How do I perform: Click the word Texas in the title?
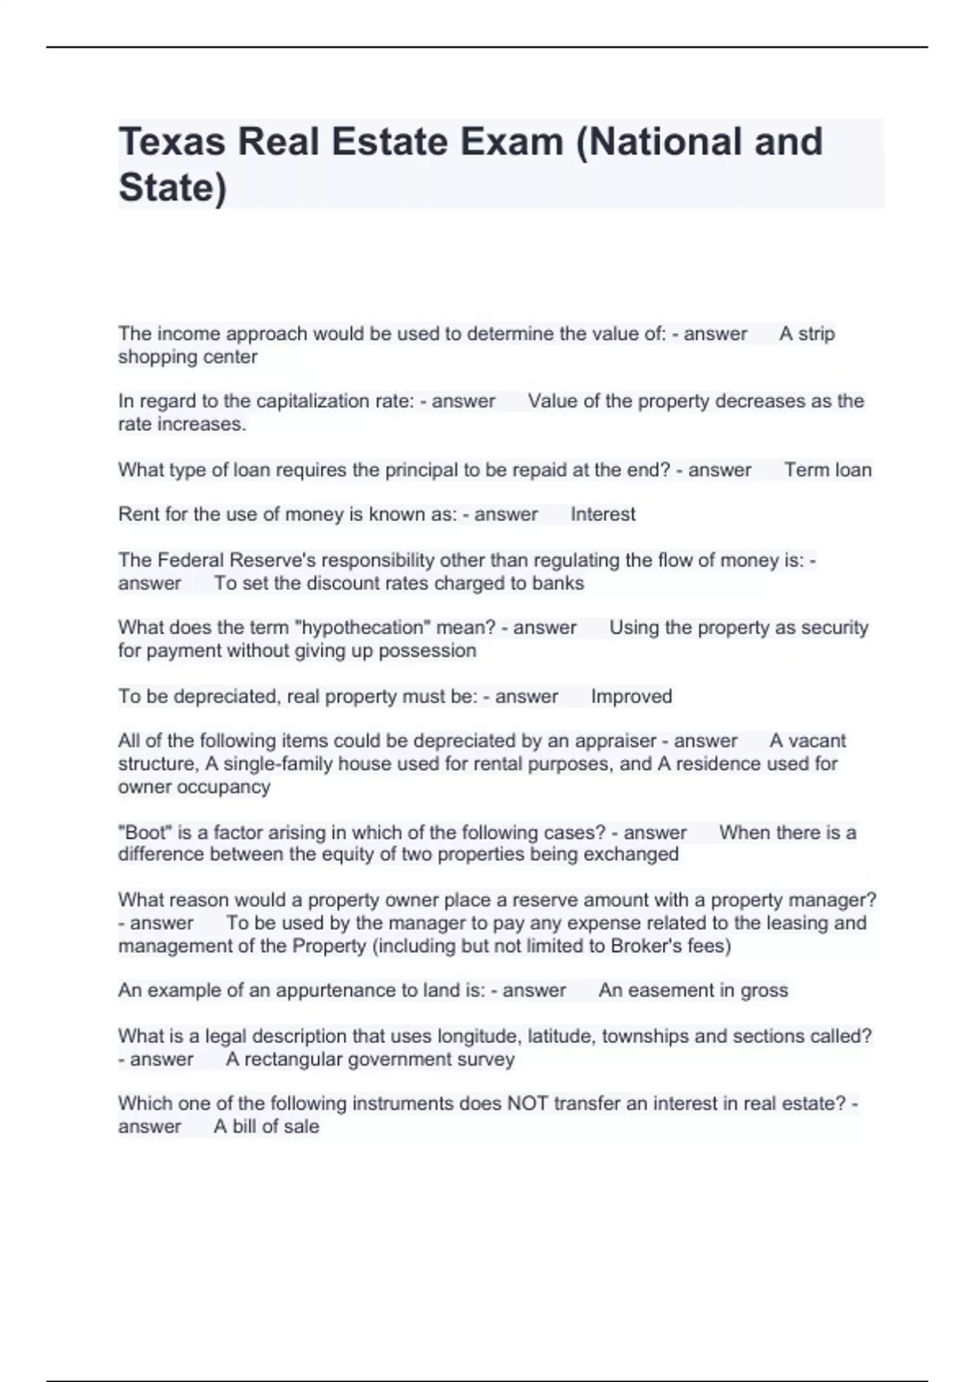point(171,141)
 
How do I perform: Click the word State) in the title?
point(172,188)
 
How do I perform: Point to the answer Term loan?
point(827,470)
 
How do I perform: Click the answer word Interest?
point(603,515)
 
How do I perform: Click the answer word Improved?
point(631,697)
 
